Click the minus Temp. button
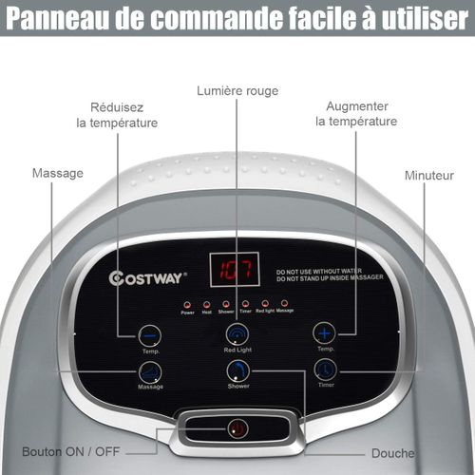coord(149,333)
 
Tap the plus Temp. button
coord(325,332)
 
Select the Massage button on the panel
coord(150,372)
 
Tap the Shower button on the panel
coord(237,371)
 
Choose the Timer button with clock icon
coord(326,370)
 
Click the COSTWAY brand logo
coord(149,278)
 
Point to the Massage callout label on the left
coord(57,174)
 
